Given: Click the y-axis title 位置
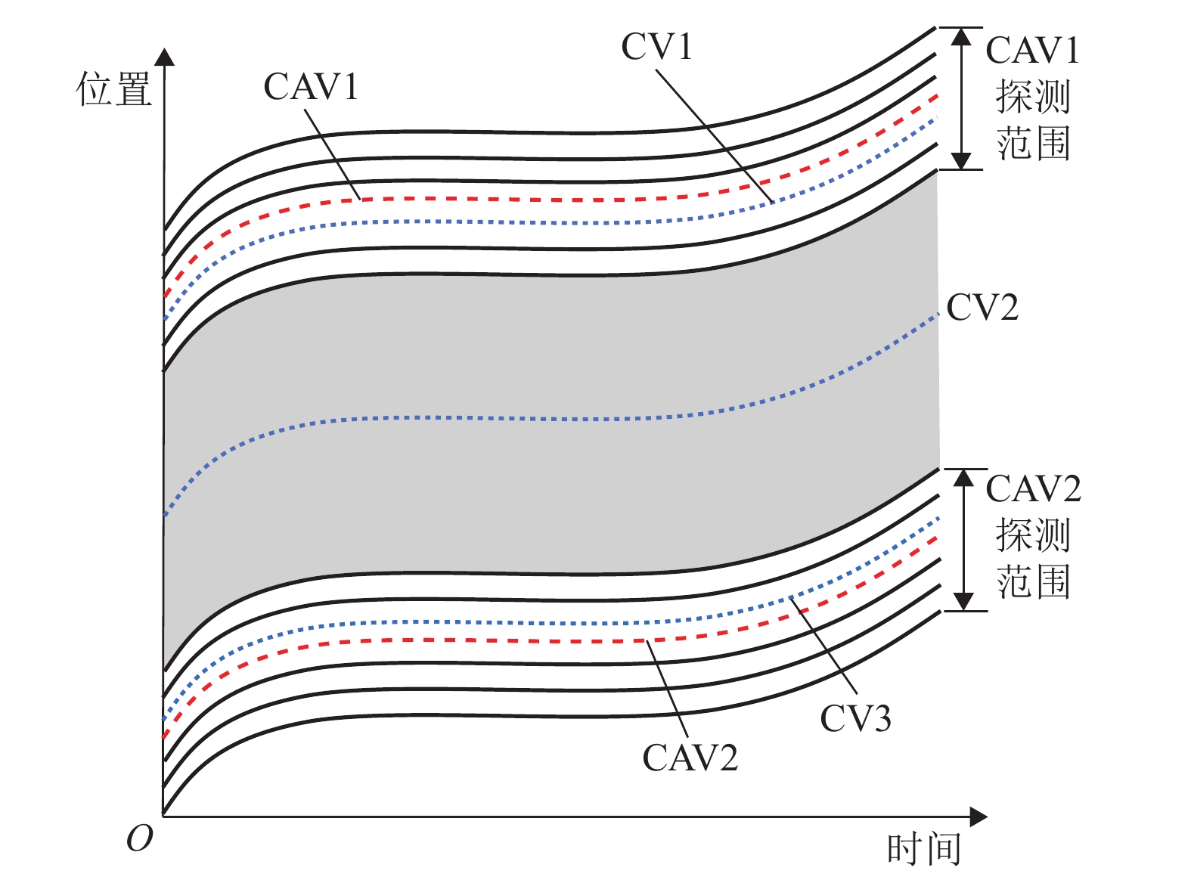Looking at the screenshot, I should click(113, 89).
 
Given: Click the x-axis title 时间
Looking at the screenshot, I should click(924, 849).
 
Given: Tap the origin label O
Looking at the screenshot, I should click(140, 838).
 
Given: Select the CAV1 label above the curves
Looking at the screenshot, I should click(310, 87).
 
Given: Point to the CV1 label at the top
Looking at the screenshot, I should click(656, 47).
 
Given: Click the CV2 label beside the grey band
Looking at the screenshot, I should click(982, 308).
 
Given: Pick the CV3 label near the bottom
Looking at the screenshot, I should click(855, 718).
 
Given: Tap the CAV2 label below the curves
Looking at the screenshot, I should click(690, 758).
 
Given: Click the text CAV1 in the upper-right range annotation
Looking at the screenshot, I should click(1032, 51).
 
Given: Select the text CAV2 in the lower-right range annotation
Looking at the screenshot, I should click(1033, 489).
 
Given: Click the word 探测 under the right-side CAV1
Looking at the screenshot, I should click(1032, 97).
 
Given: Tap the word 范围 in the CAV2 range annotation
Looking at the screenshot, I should click(1033, 582).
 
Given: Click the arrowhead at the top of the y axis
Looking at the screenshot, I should click(164, 57).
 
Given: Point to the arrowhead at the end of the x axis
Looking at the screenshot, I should click(979, 817).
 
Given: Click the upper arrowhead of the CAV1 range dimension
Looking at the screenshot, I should click(960, 37).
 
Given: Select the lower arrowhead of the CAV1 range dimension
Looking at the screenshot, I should click(960, 160).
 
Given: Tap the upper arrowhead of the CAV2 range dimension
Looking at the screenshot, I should click(963, 478).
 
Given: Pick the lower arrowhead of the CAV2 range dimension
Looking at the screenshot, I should click(963, 601).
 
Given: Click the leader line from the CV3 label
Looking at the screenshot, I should click(824, 645).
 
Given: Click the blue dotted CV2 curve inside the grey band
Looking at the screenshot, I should click(529, 418).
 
